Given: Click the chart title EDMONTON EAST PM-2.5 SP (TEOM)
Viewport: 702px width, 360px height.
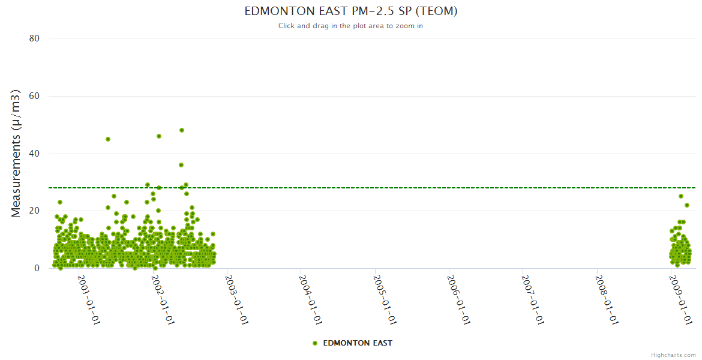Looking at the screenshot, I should [351, 11].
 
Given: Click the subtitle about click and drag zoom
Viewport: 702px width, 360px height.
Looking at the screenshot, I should [351, 26].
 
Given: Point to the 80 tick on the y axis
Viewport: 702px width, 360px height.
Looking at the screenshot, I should [34, 38].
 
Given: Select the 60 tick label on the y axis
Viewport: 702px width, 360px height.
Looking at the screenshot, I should [34, 96].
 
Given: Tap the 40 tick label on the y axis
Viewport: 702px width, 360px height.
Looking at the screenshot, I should [34, 154].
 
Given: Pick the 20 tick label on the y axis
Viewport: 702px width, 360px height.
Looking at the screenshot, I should [34, 211].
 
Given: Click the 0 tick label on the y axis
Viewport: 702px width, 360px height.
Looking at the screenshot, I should [37, 268].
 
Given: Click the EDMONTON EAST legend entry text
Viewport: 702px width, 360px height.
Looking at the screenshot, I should [358, 343].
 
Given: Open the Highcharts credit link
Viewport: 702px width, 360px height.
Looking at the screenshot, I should [673, 355].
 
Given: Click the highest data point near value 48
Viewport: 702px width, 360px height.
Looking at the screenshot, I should [182, 130].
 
